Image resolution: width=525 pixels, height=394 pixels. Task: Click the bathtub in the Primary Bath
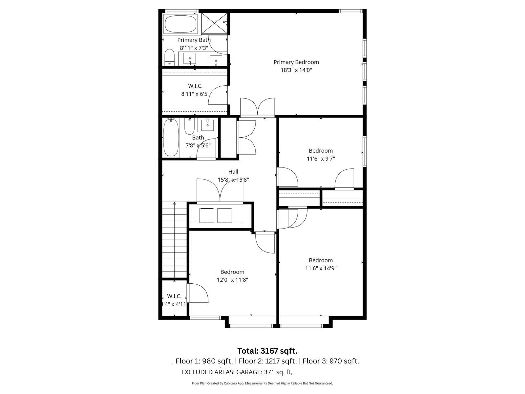coord(180,23)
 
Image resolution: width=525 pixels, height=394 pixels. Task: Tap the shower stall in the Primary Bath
coord(214,23)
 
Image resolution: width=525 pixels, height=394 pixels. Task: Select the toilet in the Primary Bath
coord(169,57)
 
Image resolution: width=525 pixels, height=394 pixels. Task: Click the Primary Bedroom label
coord(296,62)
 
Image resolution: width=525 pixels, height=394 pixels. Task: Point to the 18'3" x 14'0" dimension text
coord(296,70)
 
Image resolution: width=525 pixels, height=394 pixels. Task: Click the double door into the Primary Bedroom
coord(258,107)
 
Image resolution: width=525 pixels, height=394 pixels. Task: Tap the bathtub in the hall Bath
coord(171,138)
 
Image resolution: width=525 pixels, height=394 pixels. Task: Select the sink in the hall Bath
coord(207,125)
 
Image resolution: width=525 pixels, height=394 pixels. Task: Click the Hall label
coord(233,172)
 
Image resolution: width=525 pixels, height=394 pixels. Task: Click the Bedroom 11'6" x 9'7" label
coord(321,151)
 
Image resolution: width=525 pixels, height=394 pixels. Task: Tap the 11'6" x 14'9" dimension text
coord(321,268)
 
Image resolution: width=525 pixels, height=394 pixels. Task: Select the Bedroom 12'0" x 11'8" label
coord(232,272)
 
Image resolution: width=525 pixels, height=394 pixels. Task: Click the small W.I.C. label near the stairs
coord(174,296)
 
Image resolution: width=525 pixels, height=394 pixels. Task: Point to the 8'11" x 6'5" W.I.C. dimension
coord(195,94)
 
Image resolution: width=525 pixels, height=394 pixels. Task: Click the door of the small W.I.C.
coord(198,293)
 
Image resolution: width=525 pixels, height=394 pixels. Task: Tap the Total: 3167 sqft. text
coord(267,351)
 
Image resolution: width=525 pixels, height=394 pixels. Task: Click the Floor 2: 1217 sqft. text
coord(267,361)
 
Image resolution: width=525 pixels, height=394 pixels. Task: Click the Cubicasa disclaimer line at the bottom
coord(262,383)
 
